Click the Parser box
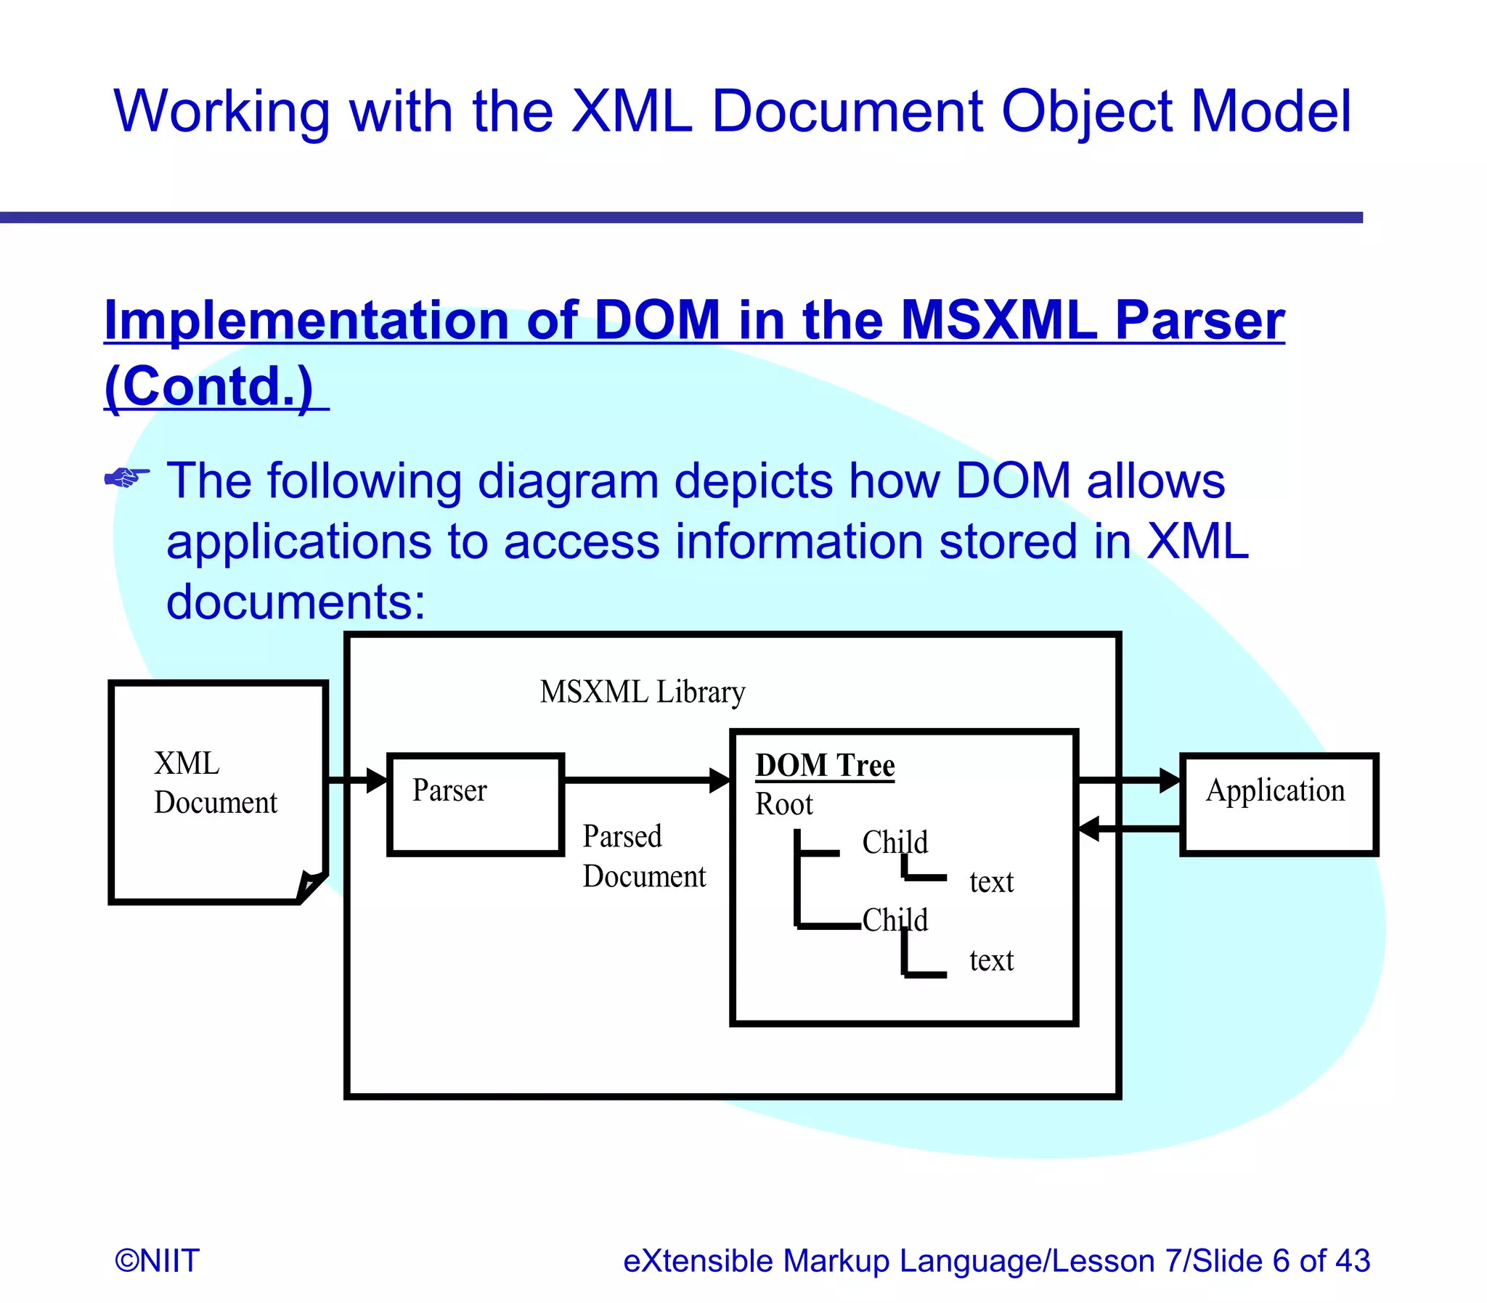pos(476,804)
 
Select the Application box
pos(1278,804)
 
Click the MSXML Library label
pos(642,692)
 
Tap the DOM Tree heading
pos(825,766)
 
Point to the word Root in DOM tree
pos(783,804)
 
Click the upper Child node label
pos(895,842)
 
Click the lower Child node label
pos(895,920)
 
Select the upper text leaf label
pos(991,882)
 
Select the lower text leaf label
pos(991,960)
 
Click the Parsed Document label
pos(643,856)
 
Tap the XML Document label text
pos(214,783)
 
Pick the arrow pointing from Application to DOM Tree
pos(1127,828)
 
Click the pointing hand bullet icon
pos(126,478)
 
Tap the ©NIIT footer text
pos(157,1260)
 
